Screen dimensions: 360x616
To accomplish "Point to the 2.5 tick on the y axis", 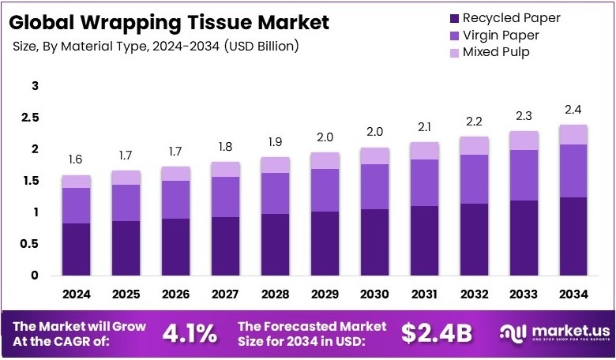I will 29,118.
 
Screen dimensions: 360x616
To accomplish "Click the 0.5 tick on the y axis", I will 29,244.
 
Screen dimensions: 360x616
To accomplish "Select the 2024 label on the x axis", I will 77,294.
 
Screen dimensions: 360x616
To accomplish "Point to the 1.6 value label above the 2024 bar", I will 77,160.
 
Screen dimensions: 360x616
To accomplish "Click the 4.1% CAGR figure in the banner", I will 190,333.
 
